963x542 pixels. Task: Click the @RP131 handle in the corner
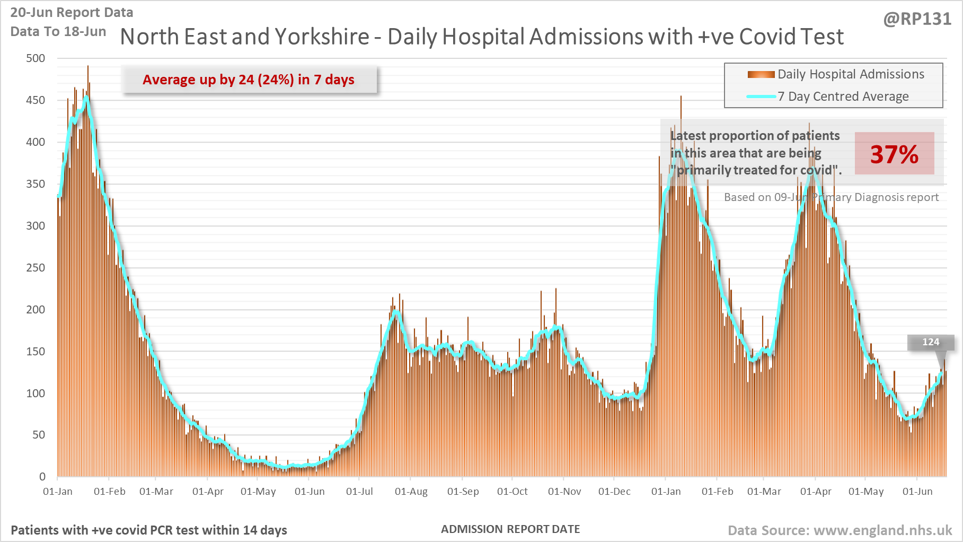coord(917,19)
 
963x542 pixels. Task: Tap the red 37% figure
coord(894,154)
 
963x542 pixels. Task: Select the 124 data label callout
coord(931,342)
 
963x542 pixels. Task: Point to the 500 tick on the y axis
coord(36,58)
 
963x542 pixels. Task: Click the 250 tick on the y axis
coord(36,268)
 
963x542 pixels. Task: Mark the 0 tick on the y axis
coord(42,477)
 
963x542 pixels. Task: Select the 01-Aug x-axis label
coord(411,492)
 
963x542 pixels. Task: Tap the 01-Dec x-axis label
coord(614,492)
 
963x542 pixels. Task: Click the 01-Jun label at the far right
coord(917,492)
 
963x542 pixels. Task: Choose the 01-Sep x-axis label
coord(463,492)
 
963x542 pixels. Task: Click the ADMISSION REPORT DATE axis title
coord(510,529)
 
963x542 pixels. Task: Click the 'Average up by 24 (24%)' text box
coord(249,80)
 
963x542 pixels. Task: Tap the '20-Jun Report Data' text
coord(72,12)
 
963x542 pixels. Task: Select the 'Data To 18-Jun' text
coord(58,31)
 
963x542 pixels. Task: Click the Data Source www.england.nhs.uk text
coord(840,530)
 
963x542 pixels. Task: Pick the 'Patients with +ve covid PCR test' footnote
coord(149,530)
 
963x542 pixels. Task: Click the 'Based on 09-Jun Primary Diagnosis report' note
coord(831,197)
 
